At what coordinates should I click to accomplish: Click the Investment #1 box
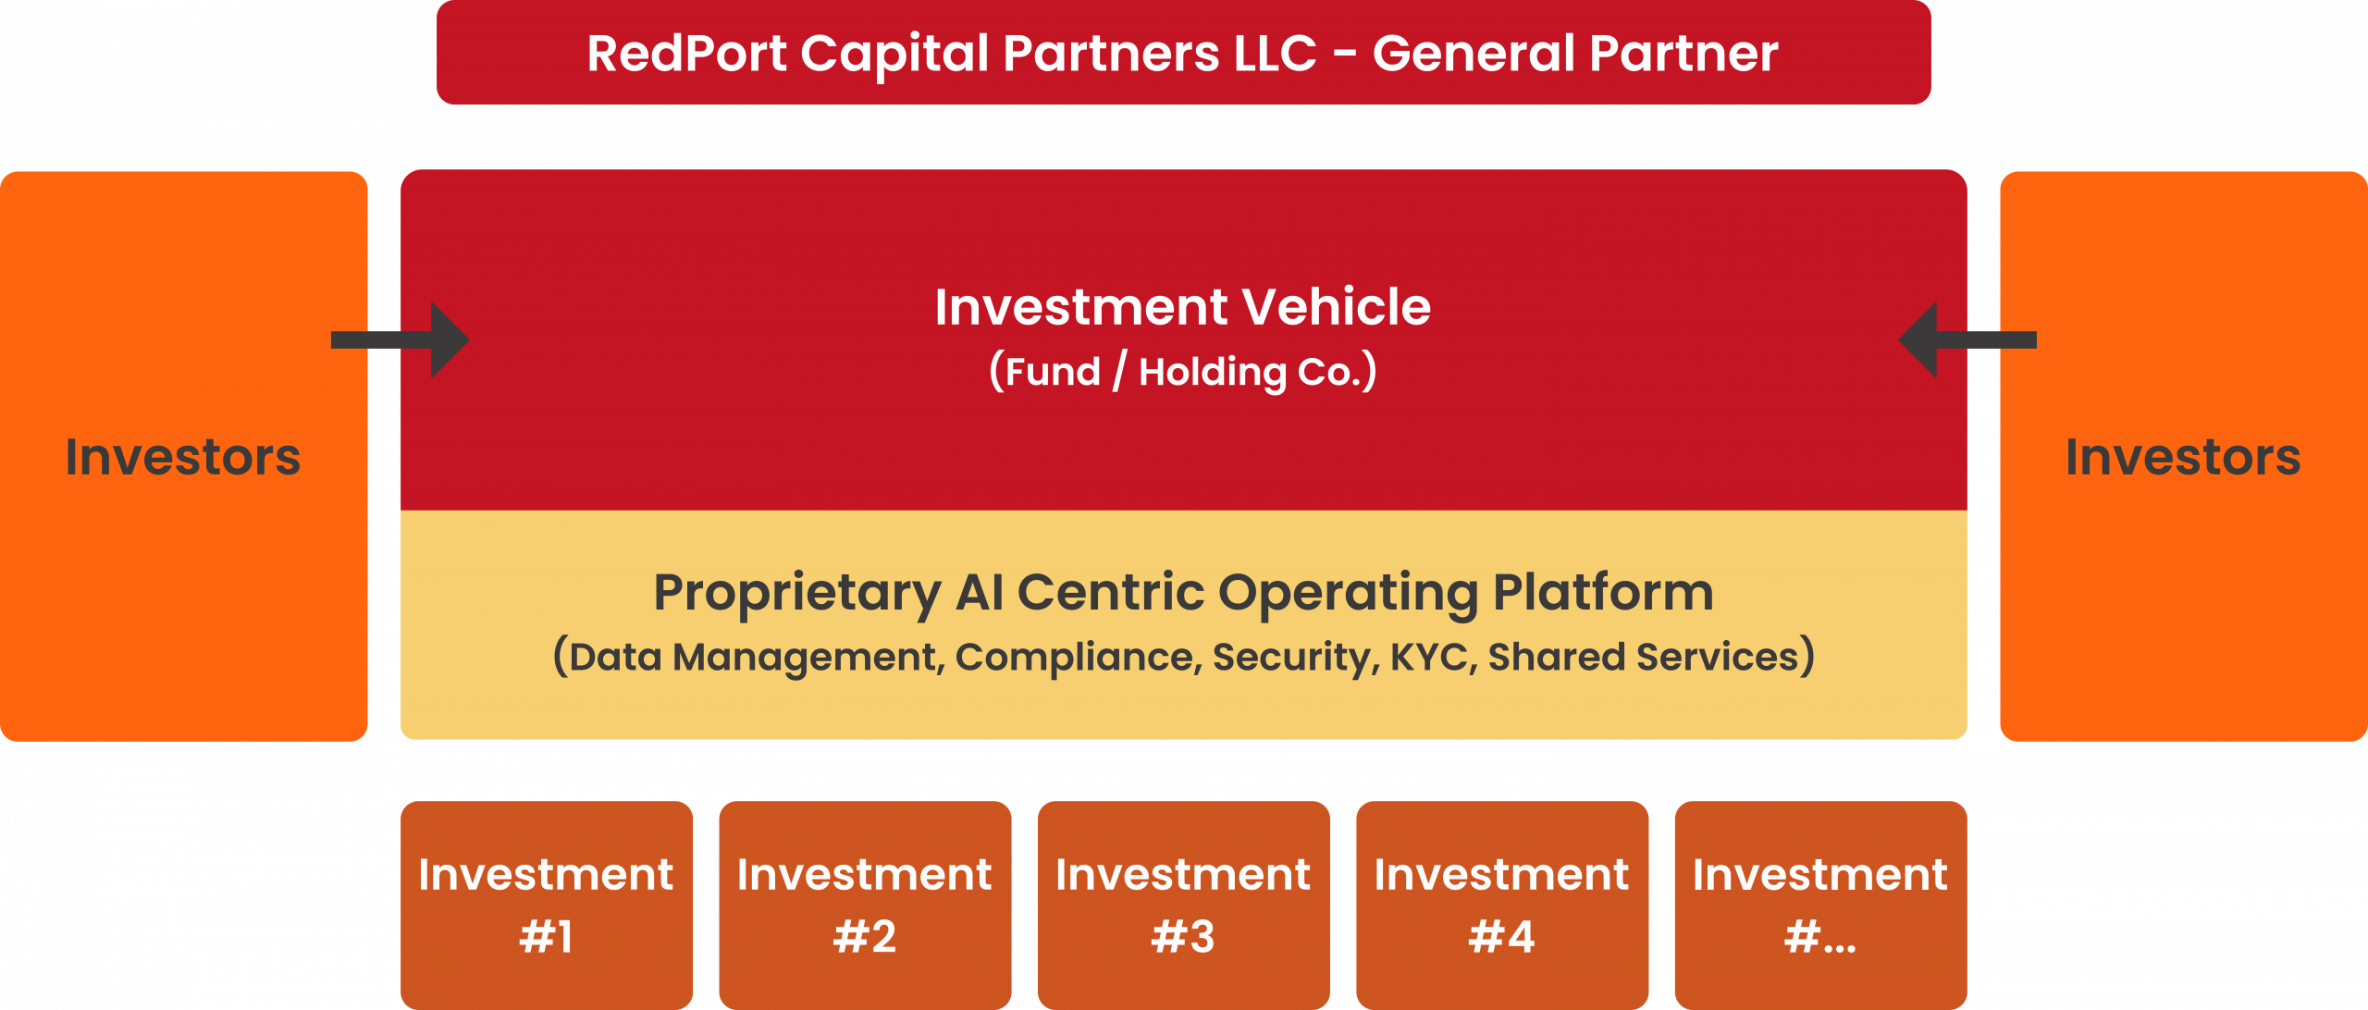point(547,905)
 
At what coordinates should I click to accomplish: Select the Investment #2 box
point(865,905)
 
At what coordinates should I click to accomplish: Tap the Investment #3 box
point(1184,905)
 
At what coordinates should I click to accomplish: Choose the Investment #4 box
point(1502,905)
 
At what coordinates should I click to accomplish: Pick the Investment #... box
point(1821,905)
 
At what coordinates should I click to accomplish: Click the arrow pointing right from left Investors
point(401,340)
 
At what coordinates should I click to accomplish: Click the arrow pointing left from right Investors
point(1967,340)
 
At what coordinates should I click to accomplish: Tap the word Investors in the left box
point(183,457)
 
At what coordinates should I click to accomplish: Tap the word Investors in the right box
point(2183,457)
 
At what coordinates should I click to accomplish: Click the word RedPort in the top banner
point(686,53)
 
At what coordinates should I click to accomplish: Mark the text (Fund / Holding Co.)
point(1183,372)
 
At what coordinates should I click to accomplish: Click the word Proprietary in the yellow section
point(797,593)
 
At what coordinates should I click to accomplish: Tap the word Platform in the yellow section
point(1603,592)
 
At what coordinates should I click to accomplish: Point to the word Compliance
point(1079,658)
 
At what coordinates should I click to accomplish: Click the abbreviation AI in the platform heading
point(980,592)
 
